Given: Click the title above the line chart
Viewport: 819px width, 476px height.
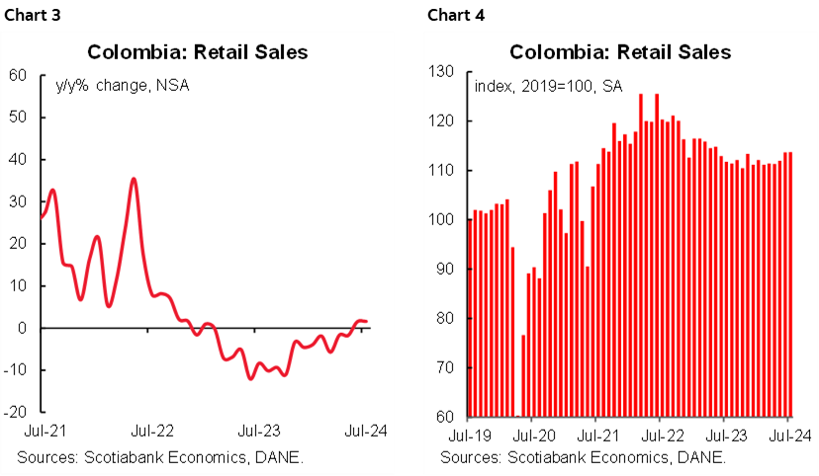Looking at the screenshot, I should click(x=197, y=52).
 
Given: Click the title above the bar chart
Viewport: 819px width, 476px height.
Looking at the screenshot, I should click(x=620, y=52).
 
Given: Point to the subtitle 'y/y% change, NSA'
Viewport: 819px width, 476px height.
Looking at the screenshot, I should click(x=122, y=85).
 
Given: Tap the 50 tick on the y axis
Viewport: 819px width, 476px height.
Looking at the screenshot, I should click(x=18, y=118).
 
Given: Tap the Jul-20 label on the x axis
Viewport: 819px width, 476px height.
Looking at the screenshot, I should click(x=531, y=434).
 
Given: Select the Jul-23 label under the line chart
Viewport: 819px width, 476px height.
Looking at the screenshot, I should click(x=260, y=431).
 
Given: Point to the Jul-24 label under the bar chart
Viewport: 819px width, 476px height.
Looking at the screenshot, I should click(x=787, y=434).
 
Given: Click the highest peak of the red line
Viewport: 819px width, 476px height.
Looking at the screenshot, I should click(x=134, y=179).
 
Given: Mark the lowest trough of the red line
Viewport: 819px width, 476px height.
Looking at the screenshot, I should click(x=250, y=378).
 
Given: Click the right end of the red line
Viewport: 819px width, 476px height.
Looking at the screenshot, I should click(x=368, y=322).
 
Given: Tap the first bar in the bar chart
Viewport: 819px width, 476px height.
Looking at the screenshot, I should click(x=470, y=317).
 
